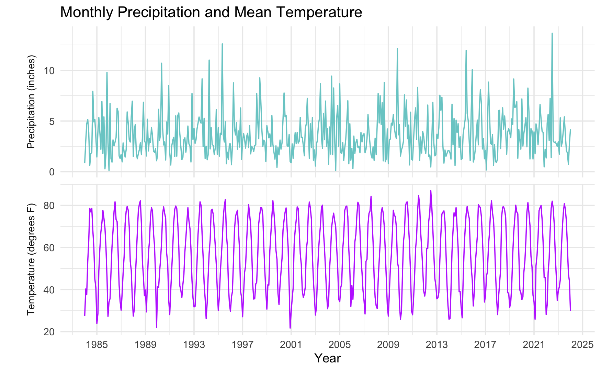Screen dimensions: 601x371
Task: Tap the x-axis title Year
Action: coord(328,358)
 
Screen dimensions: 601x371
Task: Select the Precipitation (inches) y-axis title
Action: coord(31,102)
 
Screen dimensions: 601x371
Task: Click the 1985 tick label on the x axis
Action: coord(97,344)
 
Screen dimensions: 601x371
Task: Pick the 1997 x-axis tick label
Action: coord(242,344)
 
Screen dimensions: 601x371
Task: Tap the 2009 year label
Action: coord(388,344)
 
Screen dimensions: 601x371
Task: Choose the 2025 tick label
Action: coord(582,344)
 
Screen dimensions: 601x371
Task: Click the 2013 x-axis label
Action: coord(437,344)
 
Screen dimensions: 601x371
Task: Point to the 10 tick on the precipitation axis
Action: coord(49,71)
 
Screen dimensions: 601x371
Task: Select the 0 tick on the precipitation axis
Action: coord(52,172)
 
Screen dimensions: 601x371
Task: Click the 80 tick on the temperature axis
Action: coord(49,206)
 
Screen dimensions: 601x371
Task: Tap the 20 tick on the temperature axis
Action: coord(49,332)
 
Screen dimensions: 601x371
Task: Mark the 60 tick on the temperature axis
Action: coord(49,247)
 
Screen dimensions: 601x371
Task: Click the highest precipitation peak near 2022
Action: coord(552,33)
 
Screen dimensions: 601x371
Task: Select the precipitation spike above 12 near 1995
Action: coord(222,44)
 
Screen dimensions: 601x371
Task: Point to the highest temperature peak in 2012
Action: coord(431,191)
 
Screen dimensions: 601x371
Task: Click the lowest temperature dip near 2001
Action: coord(290,328)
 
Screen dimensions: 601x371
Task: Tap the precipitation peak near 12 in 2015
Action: coord(466,50)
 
